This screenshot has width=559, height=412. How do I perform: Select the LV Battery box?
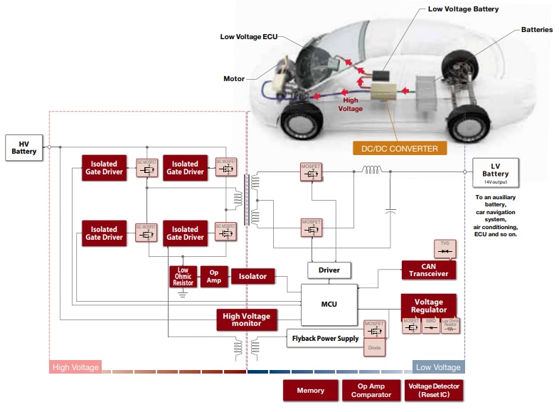click(x=495, y=171)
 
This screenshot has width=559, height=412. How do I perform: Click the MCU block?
click(x=329, y=304)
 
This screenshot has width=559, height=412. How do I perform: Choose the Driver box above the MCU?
click(x=329, y=270)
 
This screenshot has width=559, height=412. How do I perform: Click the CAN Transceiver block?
click(x=428, y=270)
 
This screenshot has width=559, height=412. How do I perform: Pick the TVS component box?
click(x=444, y=249)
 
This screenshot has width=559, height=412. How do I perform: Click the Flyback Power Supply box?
click(x=324, y=339)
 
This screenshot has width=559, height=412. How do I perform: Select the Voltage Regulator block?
click(x=429, y=305)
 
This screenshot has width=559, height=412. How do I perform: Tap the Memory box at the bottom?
click(x=310, y=390)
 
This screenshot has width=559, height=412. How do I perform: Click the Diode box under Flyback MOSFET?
click(x=374, y=349)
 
